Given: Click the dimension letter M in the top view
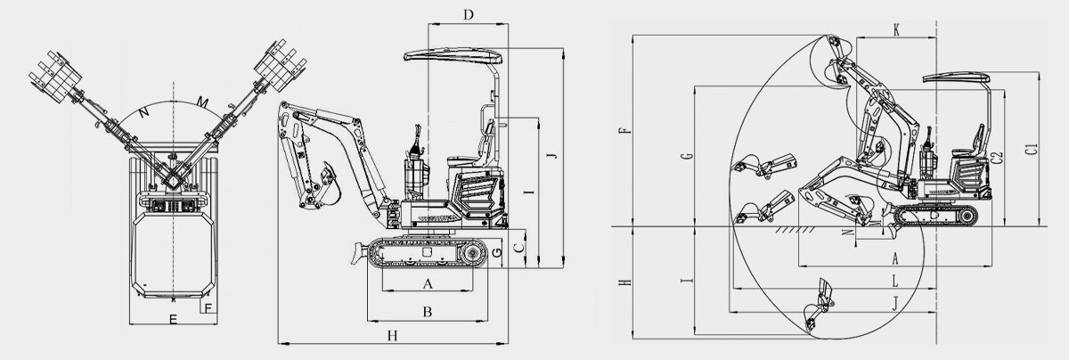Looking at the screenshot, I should (203, 105).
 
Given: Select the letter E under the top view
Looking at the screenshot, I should (173, 316).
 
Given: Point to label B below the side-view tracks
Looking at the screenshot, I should (428, 312).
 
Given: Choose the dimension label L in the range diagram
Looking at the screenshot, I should (894, 279).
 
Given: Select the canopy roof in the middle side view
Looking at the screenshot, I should (454, 55).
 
